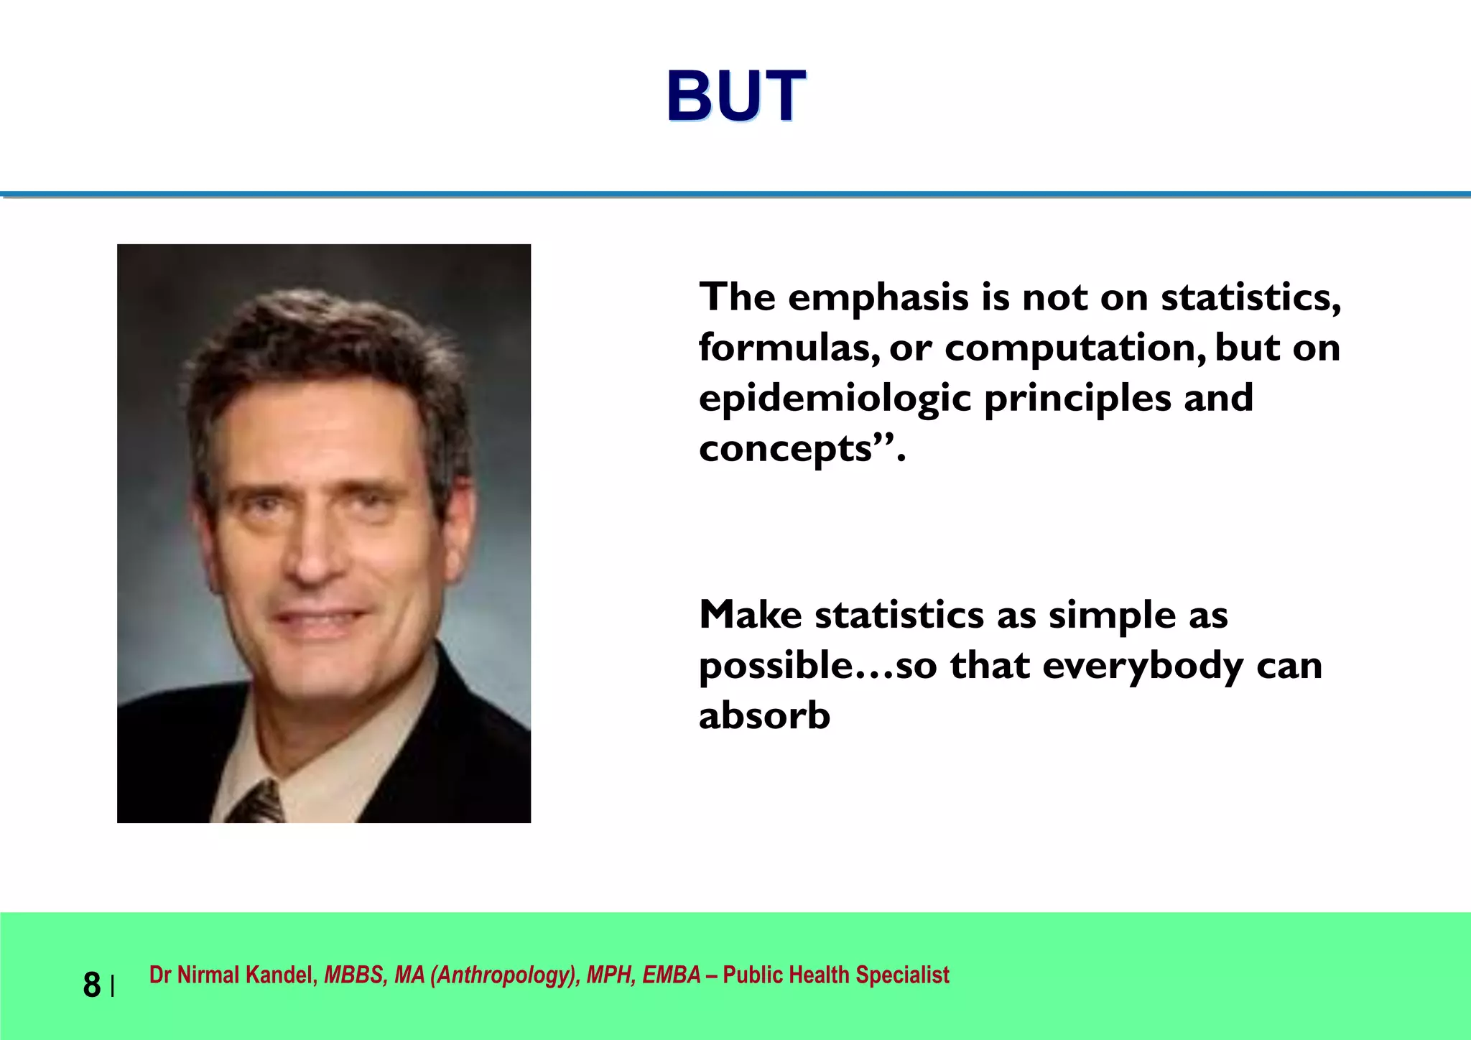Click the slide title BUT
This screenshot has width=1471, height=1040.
[735, 96]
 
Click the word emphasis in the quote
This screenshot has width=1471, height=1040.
[878, 297]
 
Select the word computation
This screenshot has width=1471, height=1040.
[1075, 349]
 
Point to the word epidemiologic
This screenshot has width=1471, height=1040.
[835, 400]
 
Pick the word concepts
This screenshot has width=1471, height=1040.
[785, 450]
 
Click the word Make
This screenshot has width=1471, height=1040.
[750, 615]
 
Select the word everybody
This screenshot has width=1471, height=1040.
[1142, 667]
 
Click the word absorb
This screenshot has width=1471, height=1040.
[764, 716]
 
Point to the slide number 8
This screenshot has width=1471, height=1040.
[92, 985]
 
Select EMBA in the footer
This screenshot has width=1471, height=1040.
[671, 975]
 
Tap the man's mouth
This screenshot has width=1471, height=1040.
[321, 618]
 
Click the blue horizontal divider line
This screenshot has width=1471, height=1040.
[735, 194]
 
